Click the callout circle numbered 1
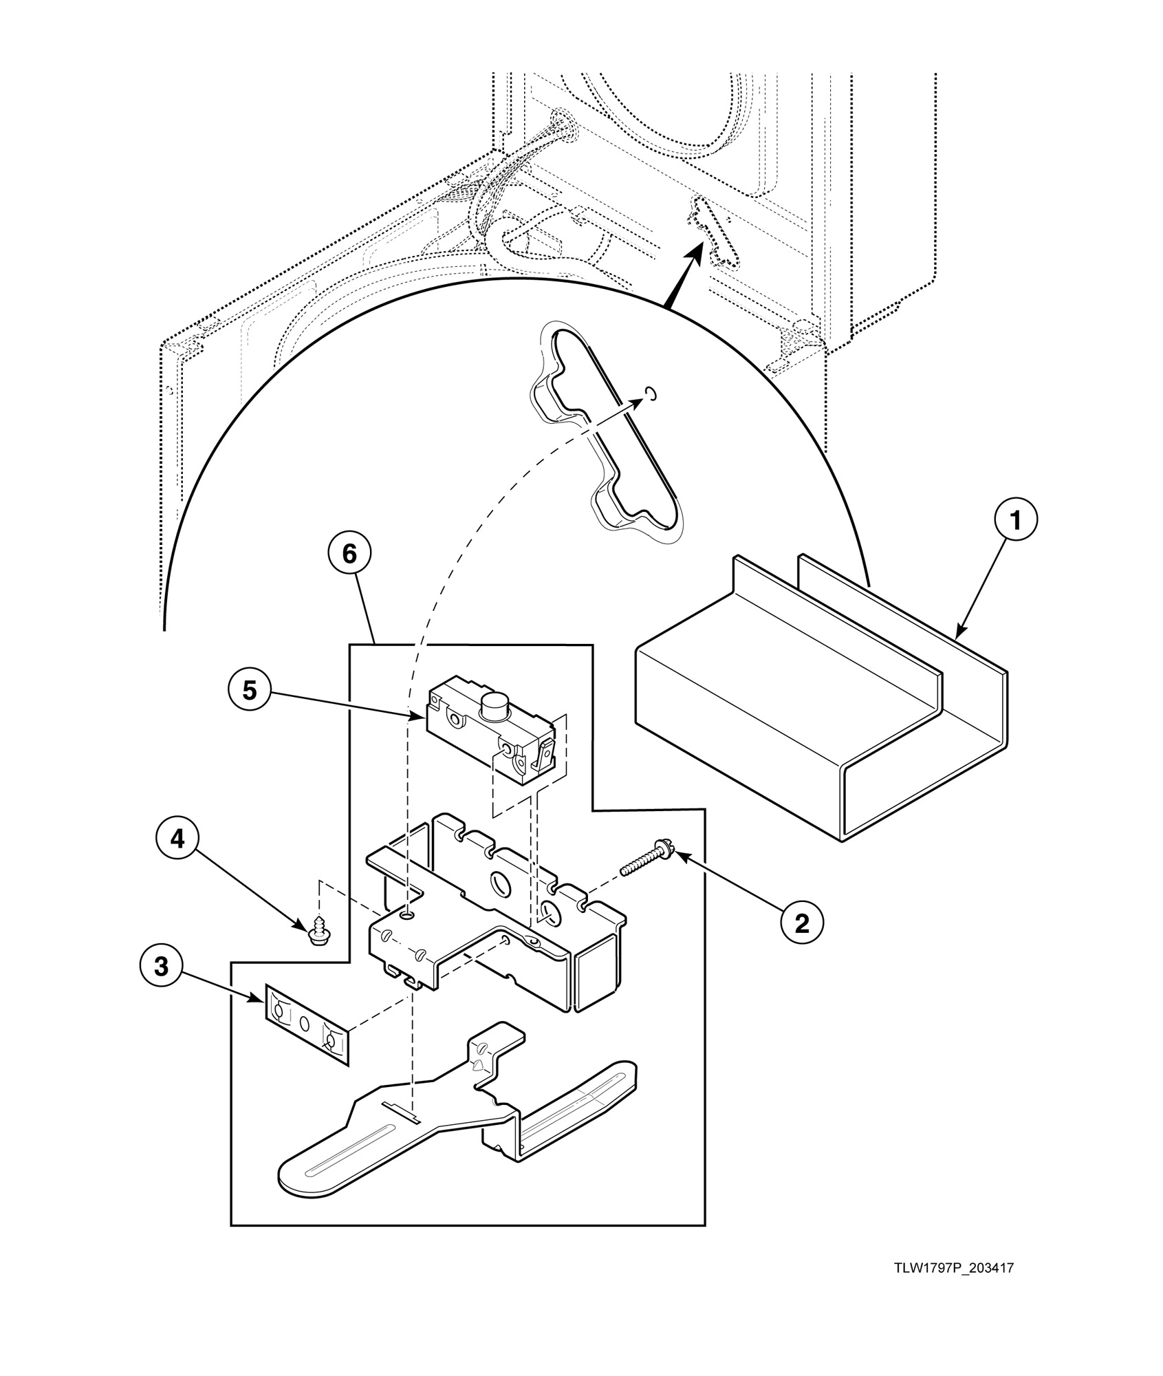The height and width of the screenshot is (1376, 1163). (1014, 522)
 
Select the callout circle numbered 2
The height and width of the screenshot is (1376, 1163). (802, 924)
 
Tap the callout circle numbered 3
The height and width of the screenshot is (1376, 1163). (161, 967)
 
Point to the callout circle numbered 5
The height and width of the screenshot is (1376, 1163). (249, 690)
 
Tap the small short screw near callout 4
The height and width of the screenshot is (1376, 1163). (318, 932)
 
